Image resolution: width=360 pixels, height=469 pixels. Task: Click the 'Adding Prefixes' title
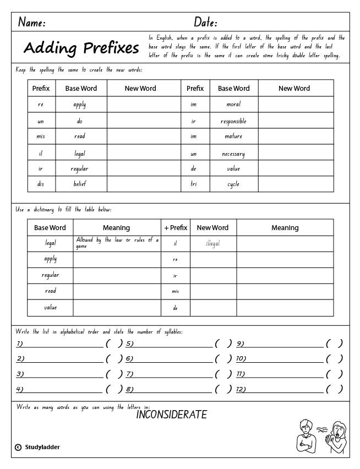click(81, 48)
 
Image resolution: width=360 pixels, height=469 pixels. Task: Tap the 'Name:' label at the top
click(32, 23)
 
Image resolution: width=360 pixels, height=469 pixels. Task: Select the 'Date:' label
click(205, 23)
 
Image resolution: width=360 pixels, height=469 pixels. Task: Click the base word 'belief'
click(80, 184)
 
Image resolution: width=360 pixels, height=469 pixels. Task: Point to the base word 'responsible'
click(233, 121)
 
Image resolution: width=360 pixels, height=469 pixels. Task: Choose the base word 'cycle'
click(233, 184)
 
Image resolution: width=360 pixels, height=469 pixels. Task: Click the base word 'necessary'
click(233, 154)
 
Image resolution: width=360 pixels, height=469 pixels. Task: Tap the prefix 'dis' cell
click(41, 184)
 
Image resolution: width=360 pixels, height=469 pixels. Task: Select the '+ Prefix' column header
click(176, 227)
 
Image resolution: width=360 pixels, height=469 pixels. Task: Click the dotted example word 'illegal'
click(212, 243)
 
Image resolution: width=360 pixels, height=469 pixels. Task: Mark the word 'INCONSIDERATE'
click(171, 415)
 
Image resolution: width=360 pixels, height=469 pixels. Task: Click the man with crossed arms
click(304, 437)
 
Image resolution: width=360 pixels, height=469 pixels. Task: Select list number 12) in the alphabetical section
click(242, 389)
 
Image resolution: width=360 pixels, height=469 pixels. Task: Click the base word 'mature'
click(233, 137)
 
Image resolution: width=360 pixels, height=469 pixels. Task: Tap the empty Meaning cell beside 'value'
click(117, 308)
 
